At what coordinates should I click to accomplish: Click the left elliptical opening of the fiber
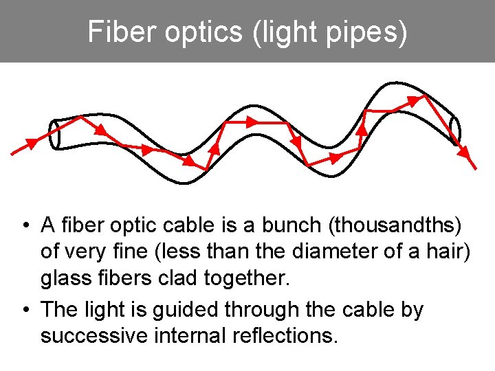click(x=55, y=135)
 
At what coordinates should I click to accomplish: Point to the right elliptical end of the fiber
click(x=454, y=128)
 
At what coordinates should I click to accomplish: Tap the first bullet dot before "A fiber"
click(x=24, y=225)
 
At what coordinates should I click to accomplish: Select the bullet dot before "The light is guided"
click(x=24, y=310)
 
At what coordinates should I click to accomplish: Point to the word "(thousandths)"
click(x=397, y=225)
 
